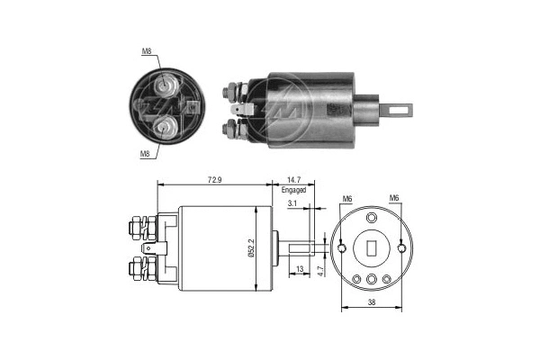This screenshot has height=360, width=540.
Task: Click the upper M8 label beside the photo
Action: point(148,52)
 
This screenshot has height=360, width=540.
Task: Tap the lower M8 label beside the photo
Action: point(144,153)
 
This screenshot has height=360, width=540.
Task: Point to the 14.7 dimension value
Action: point(294,181)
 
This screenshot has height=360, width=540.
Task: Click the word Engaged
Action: point(294,191)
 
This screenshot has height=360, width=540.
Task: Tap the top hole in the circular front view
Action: point(371,218)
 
